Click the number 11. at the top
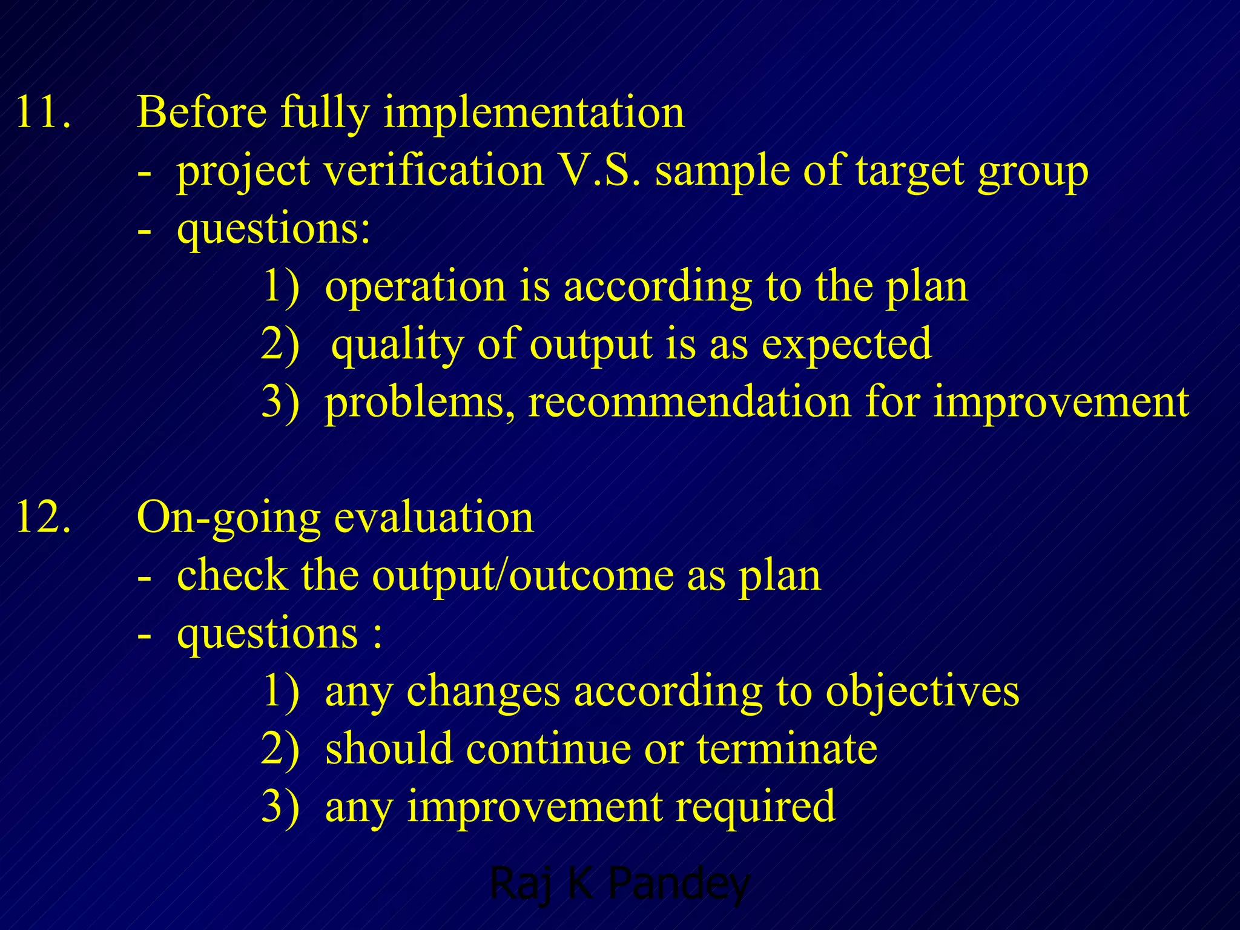click(x=42, y=113)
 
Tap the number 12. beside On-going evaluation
click(x=42, y=518)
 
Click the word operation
click(x=415, y=287)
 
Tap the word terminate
click(x=787, y=749)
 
